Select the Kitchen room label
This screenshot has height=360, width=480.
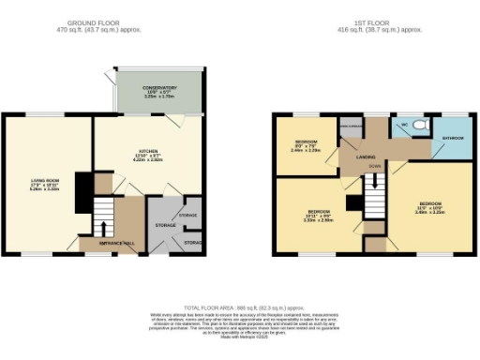[149, 154]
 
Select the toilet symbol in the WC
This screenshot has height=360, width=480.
[419, 125]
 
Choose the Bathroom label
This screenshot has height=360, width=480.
[454, 138]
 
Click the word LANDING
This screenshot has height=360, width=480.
[366, 157]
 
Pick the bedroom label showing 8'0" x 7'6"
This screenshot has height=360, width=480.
[307, 145]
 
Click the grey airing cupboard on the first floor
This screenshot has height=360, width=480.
[351, 128]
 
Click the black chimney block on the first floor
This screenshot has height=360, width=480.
[352, 202]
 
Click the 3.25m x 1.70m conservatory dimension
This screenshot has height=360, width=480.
[157, 97]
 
